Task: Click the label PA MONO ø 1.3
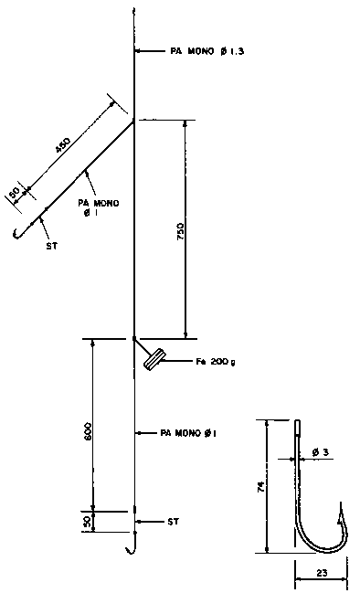click(x=206, y=51)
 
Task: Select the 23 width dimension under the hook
click(x=322, y=573)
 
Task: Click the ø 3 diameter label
click(x=320, y=452)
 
